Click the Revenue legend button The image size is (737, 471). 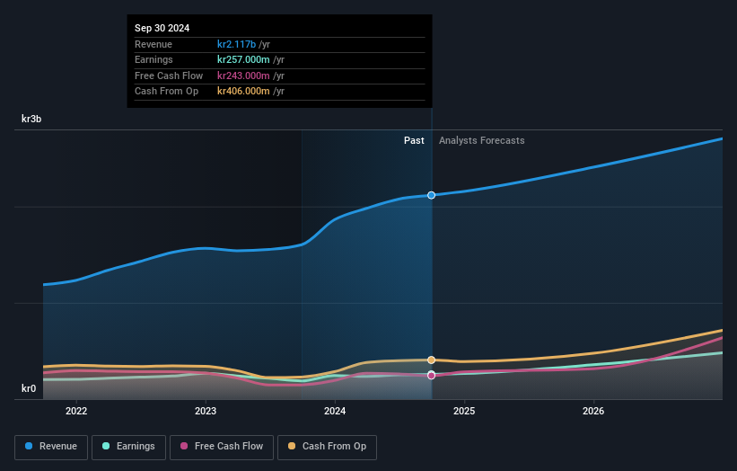tap(51, 447)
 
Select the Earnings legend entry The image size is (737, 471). tap(128, 447)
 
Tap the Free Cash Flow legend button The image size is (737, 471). tap(222, 447)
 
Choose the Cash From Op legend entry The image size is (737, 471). tap(327, 447)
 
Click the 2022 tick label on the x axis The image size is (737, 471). tap(76, 412)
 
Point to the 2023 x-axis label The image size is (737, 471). tap(206, 412)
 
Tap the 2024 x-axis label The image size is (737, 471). tap(335, 412)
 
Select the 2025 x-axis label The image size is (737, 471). tap(464, 412)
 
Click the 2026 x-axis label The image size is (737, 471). tap(593, 412)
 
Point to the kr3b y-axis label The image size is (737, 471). tap(32, 119)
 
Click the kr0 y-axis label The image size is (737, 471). tap(29, 388)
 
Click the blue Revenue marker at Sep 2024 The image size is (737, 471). tap(432, 195)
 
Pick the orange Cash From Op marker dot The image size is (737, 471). tap(432, 360)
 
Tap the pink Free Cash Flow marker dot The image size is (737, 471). tap(432, 375)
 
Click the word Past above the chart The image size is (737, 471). tap(414, 140)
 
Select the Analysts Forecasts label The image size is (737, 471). tap(481, 140)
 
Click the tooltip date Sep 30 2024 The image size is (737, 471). tap(162, 29)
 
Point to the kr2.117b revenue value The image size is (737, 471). tap(237, 44)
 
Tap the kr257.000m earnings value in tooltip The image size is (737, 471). tap(244, 59)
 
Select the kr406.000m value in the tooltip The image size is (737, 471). tap(244, 91)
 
